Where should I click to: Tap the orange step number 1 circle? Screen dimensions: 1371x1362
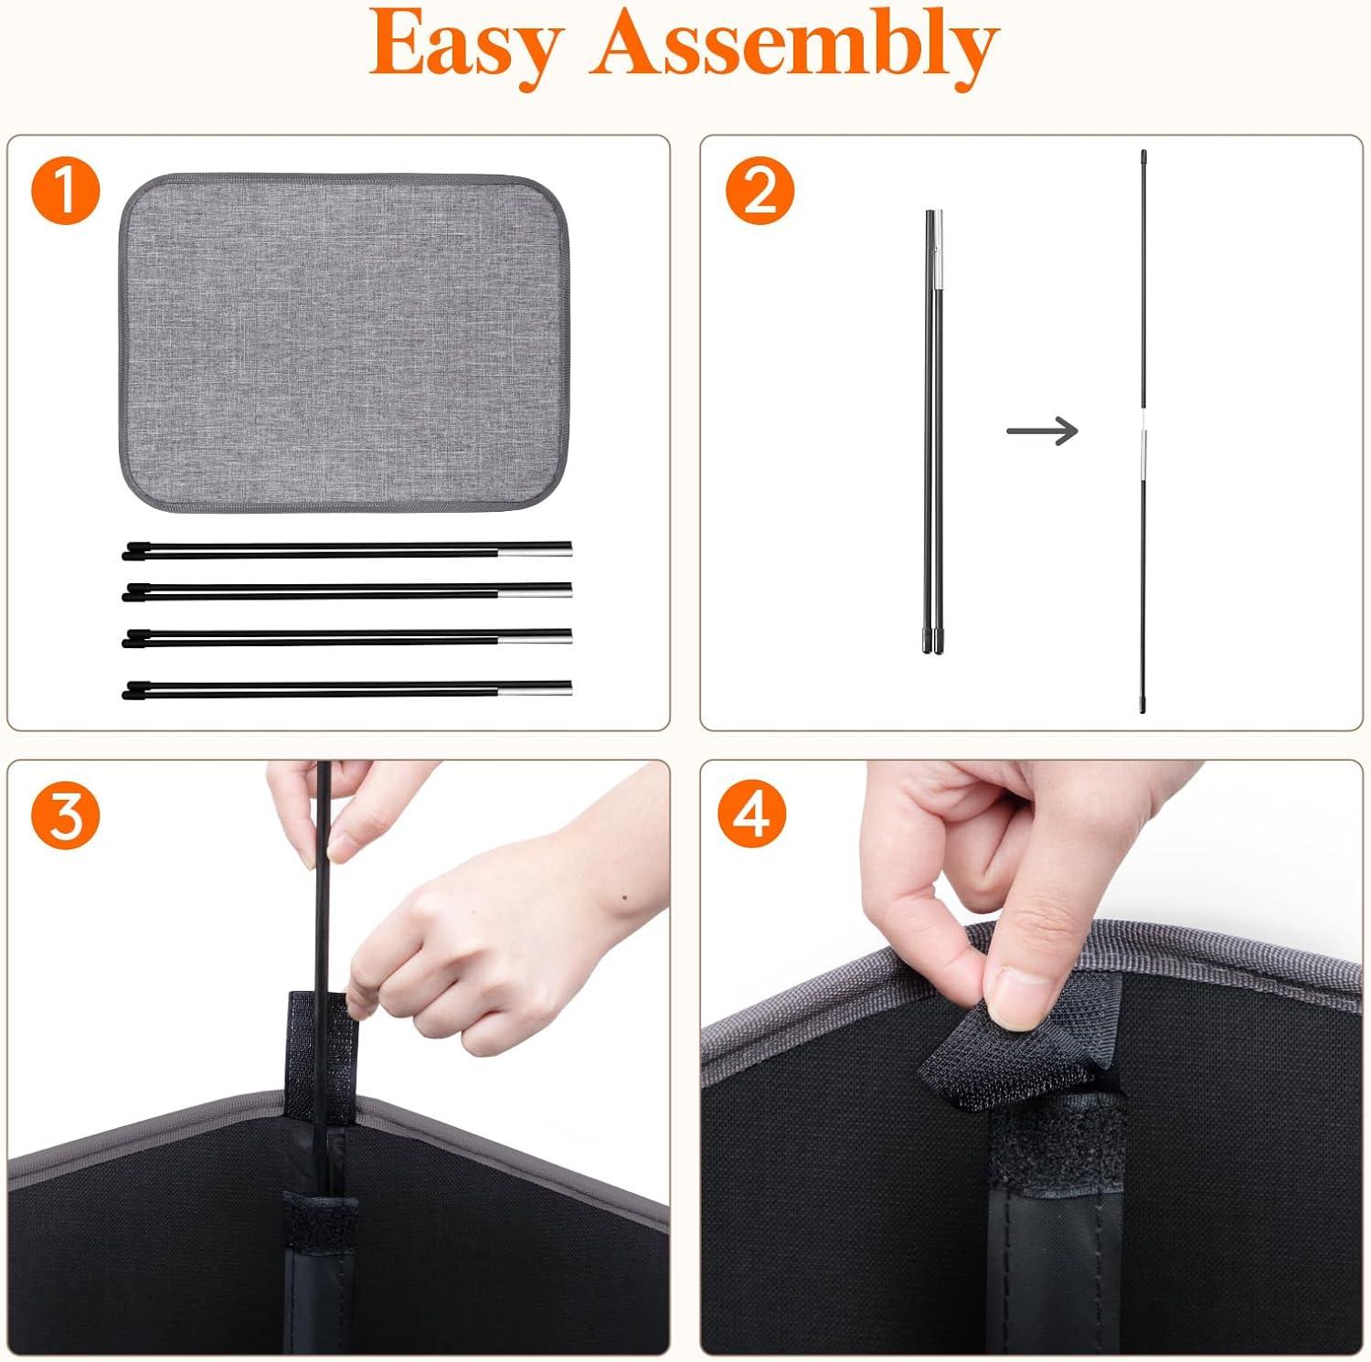pyautogui.click(x=66, y=191)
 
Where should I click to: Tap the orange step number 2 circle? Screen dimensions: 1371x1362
pyautogui.click(x=760, y=191)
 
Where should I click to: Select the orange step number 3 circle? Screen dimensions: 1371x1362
pyautogui.click(x=66, y=815)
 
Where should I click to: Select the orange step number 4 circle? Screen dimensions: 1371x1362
pyautogui.click(x=752, y=815)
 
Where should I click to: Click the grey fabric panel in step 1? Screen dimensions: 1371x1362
pyautogui.click(x=344, y=342)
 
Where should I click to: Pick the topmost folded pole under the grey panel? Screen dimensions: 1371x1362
pyautogui.click(x=347, y=550)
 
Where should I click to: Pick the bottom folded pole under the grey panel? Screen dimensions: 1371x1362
pyautogui.click(x=347, y=689)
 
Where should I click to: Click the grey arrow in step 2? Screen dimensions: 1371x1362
pyautogui.click(x=1042, y=430)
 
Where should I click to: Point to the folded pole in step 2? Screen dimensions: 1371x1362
pyautogui.click(x=932, y=431)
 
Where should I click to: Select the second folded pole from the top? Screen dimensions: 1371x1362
pyautogui.click(x=347, y=591)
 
